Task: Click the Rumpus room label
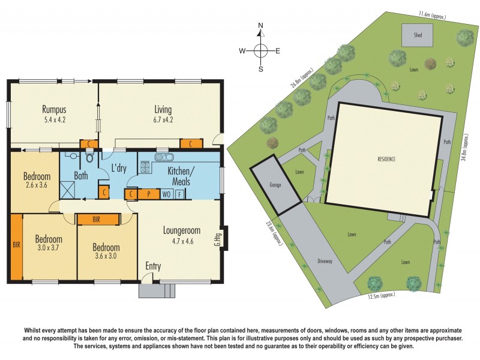tap(54, 110)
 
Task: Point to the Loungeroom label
tap(181, 230)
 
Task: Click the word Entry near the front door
tap(154, 266)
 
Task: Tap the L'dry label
tap(118, 169)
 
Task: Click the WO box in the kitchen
tap(166, 194)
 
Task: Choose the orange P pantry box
tap(148, 194)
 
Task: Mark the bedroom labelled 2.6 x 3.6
tap(37, 182)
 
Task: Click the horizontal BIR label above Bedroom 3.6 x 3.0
tap(96, 220)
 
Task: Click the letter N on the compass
tap(260, 26)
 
